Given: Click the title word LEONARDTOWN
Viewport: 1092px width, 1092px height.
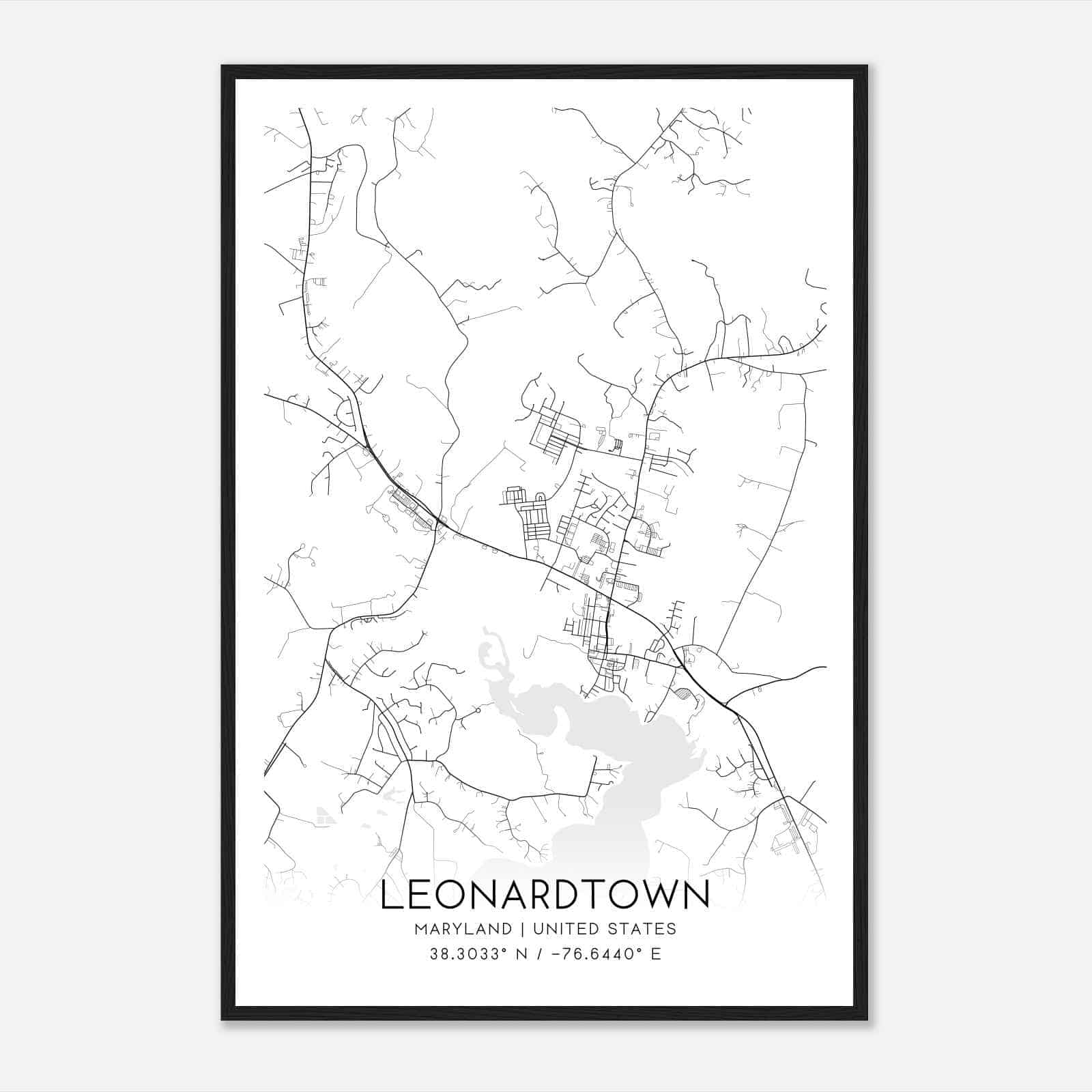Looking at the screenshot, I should (545, 895).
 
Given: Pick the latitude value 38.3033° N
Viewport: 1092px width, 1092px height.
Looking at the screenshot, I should (470, 954).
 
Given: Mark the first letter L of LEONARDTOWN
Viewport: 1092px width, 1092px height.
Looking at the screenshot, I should (391, 895).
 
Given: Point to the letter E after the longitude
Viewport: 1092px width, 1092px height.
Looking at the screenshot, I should (656, 954).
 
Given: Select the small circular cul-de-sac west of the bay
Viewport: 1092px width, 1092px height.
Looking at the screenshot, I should (478, 710).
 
